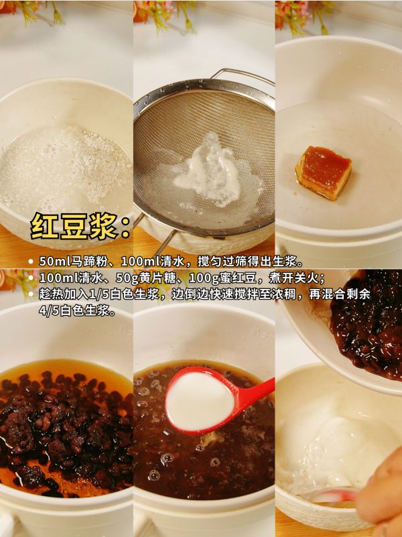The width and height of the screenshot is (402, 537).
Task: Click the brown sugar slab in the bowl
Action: [324, 172]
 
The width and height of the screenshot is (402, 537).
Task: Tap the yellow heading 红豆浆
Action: [74, 226]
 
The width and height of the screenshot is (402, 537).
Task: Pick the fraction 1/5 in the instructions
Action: [98, 294]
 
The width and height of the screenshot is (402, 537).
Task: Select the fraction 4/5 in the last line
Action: [48, 310]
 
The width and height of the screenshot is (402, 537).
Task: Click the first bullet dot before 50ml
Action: [31, 262]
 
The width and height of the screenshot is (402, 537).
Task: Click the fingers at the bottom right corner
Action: [380, 493]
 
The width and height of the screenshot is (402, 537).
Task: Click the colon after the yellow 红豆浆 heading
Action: [125, 227]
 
